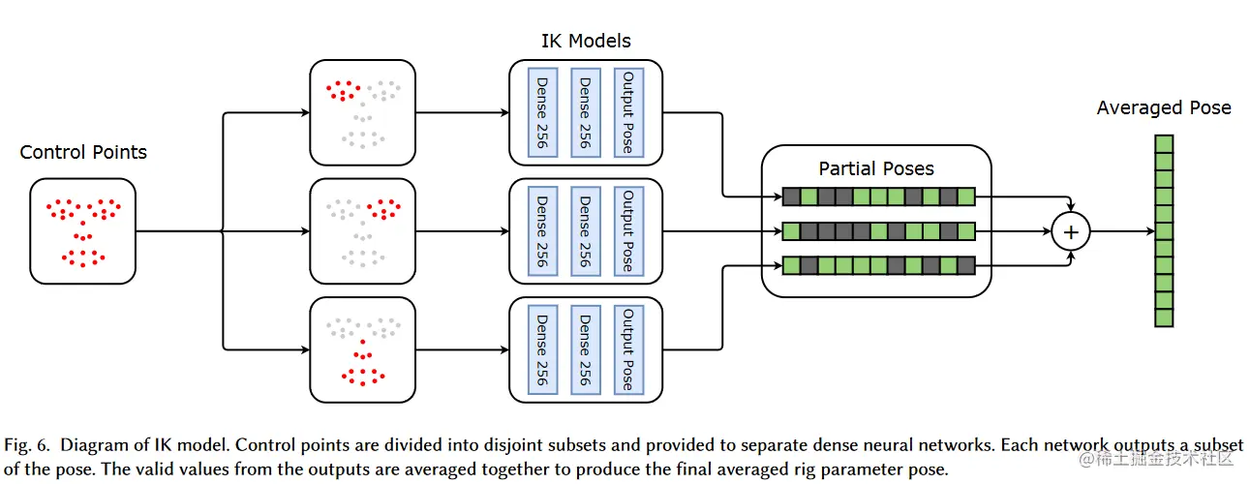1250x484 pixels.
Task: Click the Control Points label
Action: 83,152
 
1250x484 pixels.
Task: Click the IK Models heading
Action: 585,41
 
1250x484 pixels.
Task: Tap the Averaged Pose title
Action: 1163,107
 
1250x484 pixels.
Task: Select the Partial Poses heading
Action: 876,168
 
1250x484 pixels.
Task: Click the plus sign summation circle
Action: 1071,231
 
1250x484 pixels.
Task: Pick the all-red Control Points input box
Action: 83,230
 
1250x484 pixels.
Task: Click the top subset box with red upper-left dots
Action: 362,112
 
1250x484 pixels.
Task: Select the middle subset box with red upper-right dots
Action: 362,230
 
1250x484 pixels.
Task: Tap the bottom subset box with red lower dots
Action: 362,349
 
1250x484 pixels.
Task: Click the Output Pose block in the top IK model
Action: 628,112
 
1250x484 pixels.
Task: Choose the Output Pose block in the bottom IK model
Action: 628,349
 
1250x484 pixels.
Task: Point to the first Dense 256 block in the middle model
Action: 542,230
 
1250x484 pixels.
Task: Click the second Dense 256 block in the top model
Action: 585,112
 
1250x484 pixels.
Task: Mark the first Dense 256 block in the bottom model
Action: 542,349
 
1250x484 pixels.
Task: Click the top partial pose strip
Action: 877,197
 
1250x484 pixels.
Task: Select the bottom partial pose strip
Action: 877,264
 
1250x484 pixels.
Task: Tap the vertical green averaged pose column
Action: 1163,230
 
